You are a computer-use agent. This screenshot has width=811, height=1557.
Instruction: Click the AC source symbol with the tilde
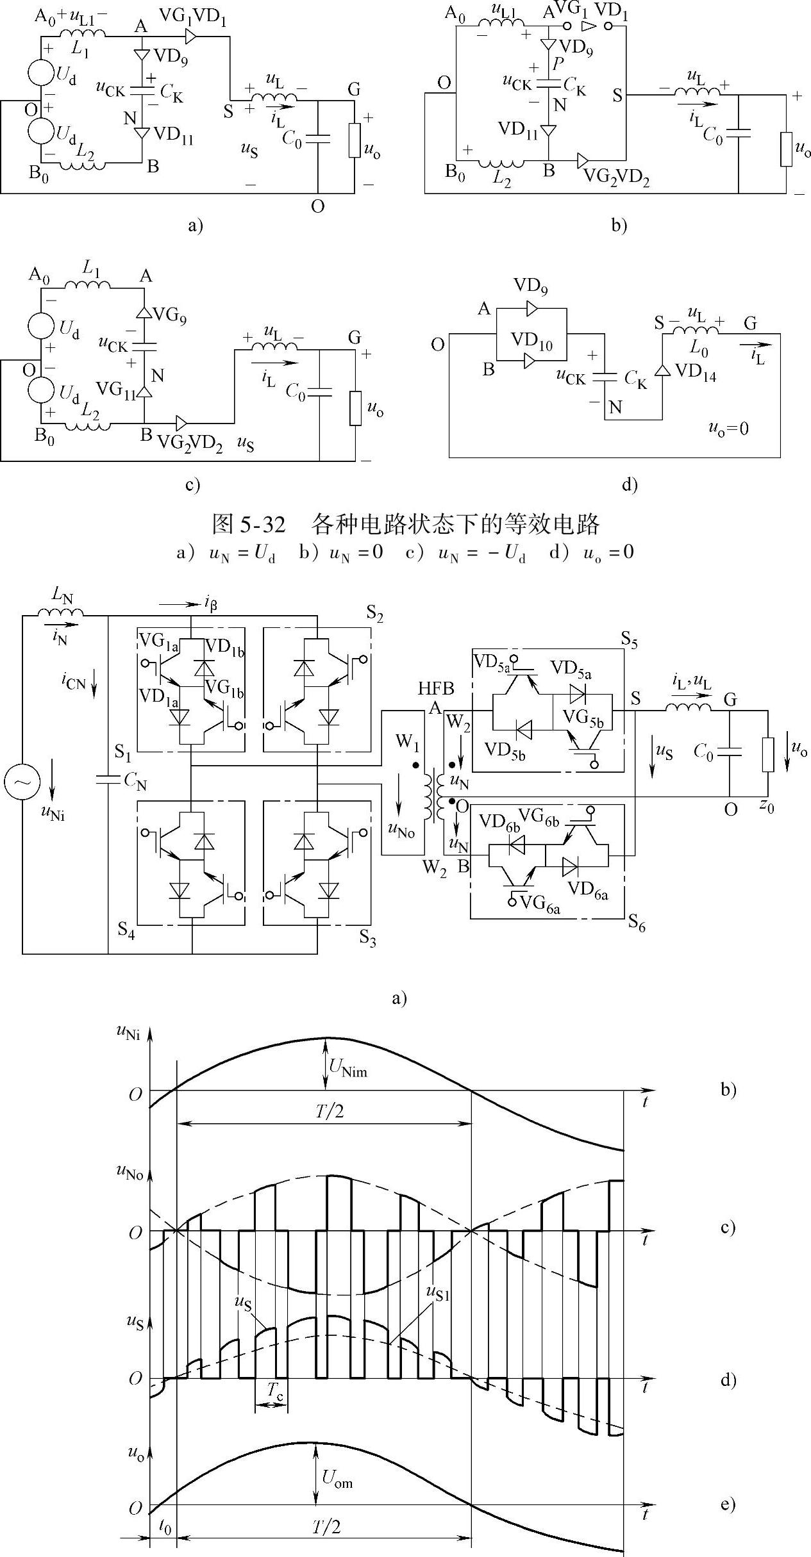click(22, 783)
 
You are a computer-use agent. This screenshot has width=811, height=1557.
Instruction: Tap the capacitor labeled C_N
click(108, 779)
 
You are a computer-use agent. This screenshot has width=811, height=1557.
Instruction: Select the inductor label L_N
click(63, 598)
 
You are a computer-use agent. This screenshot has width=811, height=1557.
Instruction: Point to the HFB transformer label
click(436, 688)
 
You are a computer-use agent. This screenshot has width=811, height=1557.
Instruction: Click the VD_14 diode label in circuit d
click(695, 373)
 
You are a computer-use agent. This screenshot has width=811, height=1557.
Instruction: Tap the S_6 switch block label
click(636, 923)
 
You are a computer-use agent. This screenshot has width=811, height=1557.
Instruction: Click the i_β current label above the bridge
click(210, 604)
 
